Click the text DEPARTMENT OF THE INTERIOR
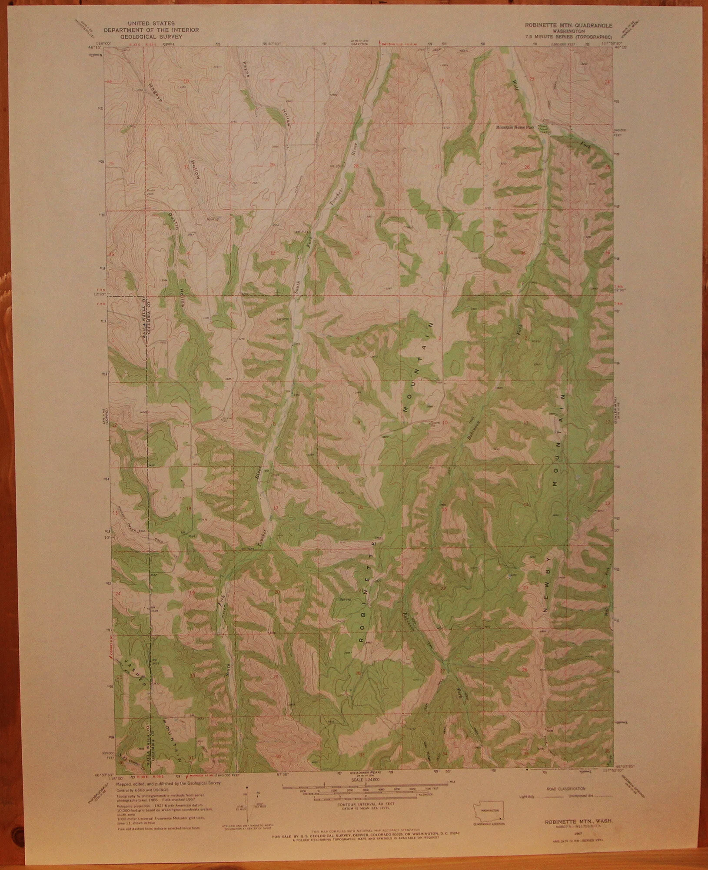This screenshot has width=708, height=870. [x=151, y=30]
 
